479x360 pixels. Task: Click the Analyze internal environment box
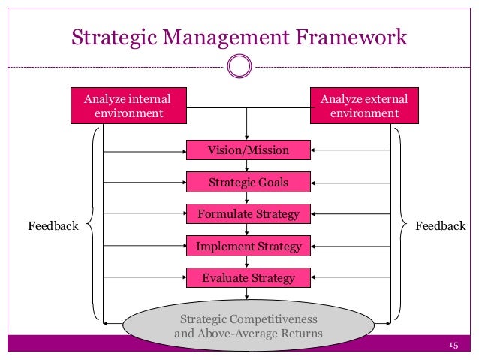pos(128,106)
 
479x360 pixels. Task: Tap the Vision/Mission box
pos(248,150)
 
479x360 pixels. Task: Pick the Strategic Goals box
pos(248,182)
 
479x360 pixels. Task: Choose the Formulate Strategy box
pos(248,214)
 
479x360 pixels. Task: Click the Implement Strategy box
pos(248,246)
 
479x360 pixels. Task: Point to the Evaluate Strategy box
pos(248,278)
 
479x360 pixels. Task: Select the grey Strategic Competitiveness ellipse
pos(248,325)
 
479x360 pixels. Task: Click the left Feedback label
pos(53,225)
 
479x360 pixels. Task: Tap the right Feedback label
pos(441,225)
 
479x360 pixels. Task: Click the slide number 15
pos(452,345)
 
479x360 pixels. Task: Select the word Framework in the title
pos(353,35)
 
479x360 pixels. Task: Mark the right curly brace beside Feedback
pos(402,225)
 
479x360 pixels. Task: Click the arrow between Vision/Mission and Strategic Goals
pos(248,166)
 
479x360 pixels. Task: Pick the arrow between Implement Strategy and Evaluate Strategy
pos(248,262)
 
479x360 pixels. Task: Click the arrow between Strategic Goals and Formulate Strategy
pos(248,198)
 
